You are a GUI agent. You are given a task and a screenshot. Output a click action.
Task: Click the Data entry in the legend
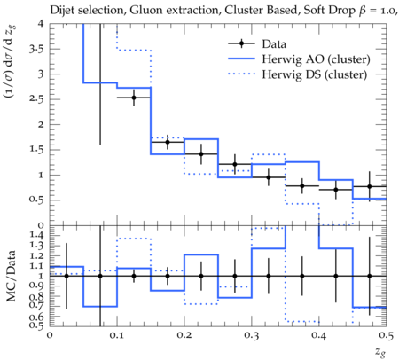click(274, 44)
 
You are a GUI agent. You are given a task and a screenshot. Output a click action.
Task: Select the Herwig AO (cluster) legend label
click(316, 59)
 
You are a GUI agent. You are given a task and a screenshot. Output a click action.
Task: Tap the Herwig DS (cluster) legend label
click(315, 74)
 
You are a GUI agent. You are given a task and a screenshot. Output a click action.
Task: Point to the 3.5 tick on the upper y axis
click(36, 49)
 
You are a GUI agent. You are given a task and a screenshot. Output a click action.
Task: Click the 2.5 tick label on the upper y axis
click(36, 99)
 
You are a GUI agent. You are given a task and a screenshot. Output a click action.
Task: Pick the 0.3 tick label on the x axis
click(252, 335)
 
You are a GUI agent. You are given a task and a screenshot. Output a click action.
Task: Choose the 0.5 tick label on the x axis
click(386, 335)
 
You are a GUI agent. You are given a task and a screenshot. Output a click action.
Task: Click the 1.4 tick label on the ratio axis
click(36, 235)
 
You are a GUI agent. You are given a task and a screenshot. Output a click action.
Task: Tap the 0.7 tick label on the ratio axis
click(36, 305)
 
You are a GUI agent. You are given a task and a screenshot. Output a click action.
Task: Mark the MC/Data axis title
click(12, 276)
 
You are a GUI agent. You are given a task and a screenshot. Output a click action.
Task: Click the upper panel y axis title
click(11, 61)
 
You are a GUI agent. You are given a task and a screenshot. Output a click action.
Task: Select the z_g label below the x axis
click(380, 352)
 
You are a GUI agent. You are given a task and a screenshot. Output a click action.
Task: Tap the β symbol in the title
click(361, 11)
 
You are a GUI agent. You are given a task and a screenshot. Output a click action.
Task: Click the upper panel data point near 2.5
click(134, 98)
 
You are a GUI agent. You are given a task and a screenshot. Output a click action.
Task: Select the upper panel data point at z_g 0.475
click(369, 186)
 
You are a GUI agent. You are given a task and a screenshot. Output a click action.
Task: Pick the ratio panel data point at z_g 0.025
click(66, 276)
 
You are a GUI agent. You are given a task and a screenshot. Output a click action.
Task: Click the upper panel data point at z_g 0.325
click(269, 177)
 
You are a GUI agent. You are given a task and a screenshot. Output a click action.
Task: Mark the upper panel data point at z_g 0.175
click(168, 142)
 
